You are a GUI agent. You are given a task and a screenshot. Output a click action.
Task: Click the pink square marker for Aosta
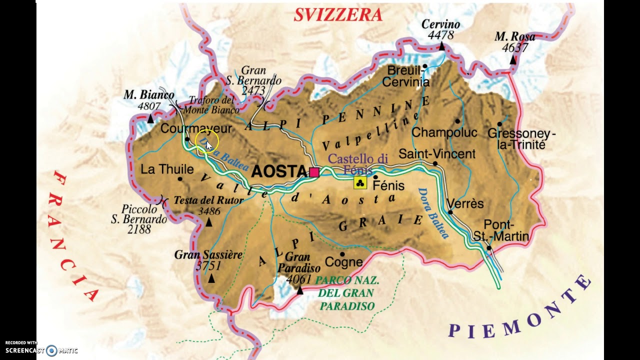314,172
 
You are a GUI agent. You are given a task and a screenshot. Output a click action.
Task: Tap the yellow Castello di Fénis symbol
360,182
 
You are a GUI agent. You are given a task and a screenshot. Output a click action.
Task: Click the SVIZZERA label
338,15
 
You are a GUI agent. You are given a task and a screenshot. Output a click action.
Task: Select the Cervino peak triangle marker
441,46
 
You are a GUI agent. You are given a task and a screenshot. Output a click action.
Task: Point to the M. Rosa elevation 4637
514,48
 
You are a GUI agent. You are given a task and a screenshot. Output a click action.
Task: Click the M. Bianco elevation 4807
149,106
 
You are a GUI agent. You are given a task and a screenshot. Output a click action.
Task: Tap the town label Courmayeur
196,129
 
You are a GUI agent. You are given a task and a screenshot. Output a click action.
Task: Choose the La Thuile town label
167,169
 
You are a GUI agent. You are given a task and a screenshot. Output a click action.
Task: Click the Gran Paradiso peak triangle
300,290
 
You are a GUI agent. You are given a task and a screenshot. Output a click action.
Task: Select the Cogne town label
343,262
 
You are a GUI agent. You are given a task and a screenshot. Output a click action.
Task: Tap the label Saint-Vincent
437,154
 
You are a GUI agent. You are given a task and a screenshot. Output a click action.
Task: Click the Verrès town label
465,204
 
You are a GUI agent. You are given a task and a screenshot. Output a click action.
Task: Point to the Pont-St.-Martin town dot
489,248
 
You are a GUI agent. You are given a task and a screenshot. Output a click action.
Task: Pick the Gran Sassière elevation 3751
208,266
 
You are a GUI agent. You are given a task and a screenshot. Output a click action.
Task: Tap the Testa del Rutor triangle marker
209,223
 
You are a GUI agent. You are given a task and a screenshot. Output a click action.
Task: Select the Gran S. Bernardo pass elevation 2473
253,90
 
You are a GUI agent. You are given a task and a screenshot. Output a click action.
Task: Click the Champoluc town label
444,133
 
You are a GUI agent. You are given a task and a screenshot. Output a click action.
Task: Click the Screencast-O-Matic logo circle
51,350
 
